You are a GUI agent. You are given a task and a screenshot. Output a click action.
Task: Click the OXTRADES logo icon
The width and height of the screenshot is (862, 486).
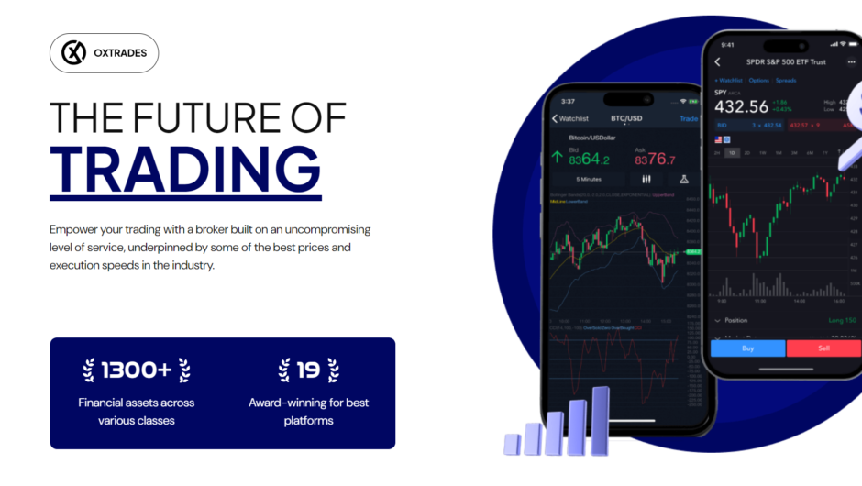[73, 53]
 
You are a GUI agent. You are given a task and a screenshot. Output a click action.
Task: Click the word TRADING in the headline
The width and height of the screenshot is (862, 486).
[185, 165]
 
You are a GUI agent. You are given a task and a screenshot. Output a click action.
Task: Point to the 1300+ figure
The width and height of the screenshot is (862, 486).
[136, 370]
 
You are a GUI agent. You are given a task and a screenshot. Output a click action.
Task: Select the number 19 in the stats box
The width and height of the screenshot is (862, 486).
[308, 370]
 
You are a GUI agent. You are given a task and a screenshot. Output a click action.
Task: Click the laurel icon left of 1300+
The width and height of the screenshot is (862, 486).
[89, 370]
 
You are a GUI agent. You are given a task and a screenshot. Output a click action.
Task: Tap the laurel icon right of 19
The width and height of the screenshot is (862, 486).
[333, 370]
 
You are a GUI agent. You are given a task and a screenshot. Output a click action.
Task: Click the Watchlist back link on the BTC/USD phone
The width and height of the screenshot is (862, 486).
[570, 118]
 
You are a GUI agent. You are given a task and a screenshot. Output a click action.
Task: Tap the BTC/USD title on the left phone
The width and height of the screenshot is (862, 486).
[626, 118]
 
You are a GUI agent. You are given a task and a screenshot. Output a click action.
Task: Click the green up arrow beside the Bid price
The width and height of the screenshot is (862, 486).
[556, 157]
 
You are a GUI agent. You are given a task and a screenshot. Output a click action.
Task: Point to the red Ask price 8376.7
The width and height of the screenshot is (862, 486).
[656, 160]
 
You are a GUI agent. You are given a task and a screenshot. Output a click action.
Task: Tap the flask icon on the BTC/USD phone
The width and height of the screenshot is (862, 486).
[684, 180]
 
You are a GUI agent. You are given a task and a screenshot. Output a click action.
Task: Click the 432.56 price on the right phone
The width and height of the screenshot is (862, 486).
[741, 105]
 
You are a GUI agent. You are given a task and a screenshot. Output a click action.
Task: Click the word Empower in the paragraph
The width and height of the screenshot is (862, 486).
[76, 229]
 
